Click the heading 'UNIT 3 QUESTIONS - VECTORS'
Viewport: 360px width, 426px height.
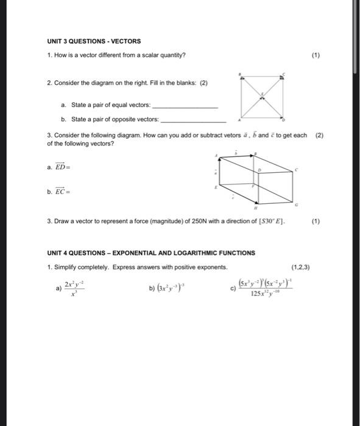[94, 41]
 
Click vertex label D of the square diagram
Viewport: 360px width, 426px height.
[284, 119]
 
